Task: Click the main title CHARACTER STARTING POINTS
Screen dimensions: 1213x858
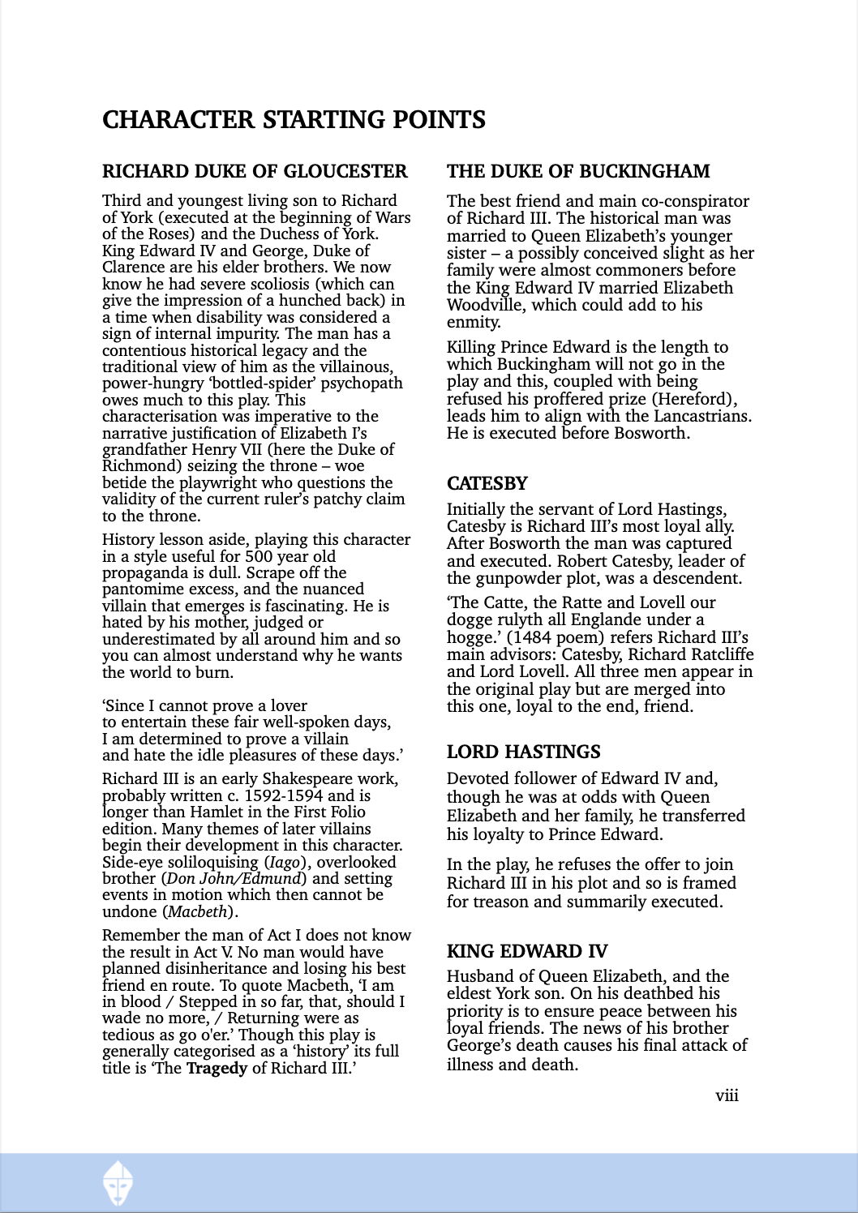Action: (x=294, y=120)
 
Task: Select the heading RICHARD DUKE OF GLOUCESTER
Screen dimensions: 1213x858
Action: (x=255, y=171)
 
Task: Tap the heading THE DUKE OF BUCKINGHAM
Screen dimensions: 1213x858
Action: (x=578, y=171)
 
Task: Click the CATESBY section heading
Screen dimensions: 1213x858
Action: (x=487, y=483)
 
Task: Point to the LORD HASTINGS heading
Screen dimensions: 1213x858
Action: (x=523, y=752)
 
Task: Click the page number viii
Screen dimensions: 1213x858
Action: (x=727, y=1095)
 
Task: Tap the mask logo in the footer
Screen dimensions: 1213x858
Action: (x=118, y=1182)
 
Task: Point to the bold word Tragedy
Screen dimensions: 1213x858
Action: (x=217, y=1068)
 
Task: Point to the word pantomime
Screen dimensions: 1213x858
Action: (x=142, y=589)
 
